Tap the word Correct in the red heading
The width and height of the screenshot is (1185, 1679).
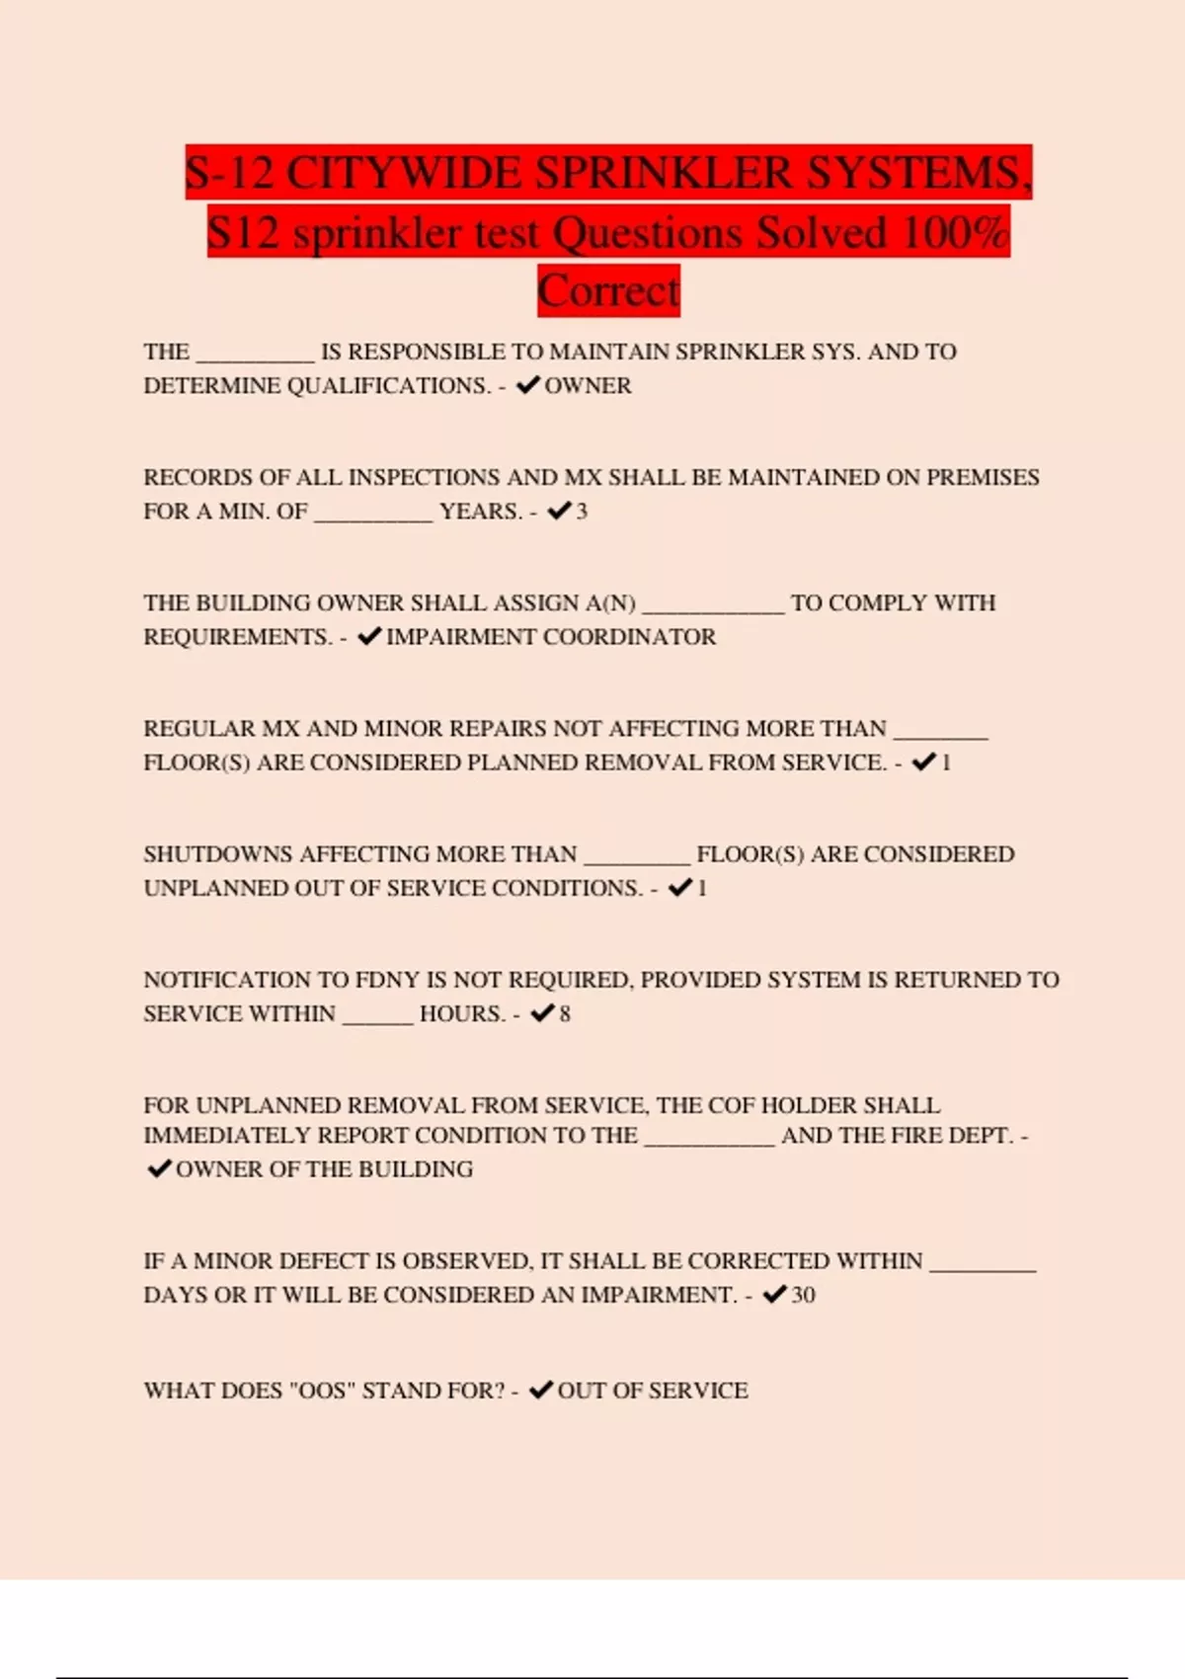[608, 291]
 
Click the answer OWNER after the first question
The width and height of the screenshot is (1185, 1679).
[588, 386]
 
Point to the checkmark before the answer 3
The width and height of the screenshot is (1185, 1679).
[559, 511]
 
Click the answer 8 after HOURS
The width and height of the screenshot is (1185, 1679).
[565, 1014]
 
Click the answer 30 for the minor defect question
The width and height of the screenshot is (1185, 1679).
[803, 1295]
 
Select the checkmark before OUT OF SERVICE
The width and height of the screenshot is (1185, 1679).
[541, 1390]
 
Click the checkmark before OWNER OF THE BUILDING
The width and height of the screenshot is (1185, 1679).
[158, 1169]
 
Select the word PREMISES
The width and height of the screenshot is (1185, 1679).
[983, 478]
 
